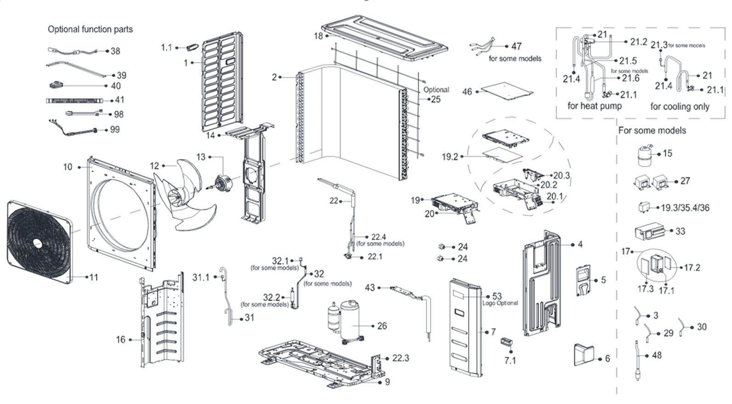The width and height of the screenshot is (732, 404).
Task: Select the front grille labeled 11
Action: (x=39, y=242)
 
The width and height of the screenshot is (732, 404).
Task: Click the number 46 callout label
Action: (x=467, y=92)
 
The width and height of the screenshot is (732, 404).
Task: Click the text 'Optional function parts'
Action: (x=90, y=29)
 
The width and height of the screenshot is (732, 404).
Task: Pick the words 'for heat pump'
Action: (x=594, y=106)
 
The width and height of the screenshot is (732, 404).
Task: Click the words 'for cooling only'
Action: (x=680, y=107)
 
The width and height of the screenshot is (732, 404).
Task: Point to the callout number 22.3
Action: (x=401, y=358)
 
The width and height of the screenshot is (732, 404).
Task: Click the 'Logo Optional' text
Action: (x=500, y=303)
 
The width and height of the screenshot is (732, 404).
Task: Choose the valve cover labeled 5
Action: (x=583, y=280)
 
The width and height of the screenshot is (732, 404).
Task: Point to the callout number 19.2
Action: (x=450, y=157)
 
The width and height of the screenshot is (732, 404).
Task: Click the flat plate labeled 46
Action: (x=505, y=90)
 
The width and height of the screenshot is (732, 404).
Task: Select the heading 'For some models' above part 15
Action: (x=652, y=131)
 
